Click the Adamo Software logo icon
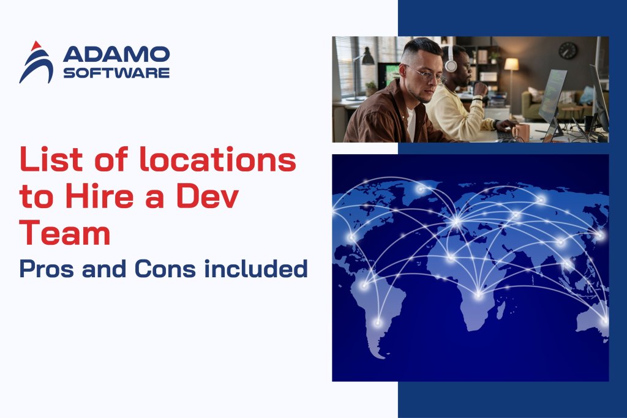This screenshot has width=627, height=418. (36, 62)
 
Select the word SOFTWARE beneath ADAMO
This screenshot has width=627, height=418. (116, 73)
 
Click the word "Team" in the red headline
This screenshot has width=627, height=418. (65, 234)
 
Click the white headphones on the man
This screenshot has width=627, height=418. (451, 62)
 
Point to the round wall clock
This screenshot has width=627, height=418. (568, 51)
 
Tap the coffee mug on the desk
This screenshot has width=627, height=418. (521, 132)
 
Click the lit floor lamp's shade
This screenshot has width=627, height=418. (511, 64)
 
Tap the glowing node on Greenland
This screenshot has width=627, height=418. (421, 189)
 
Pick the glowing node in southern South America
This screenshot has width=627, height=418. (378, 322)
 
